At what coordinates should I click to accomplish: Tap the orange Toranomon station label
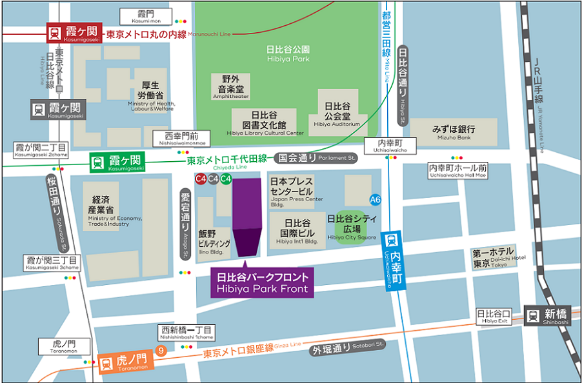pyautogui.click(x=124, y=363)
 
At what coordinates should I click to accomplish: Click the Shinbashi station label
pyautogui.click(x=548, y=316)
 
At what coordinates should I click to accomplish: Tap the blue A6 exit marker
pyautogui.click(x=376, y=200)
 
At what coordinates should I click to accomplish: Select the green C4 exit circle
pyautogui.click(x=226, y=179)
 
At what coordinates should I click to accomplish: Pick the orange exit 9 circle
pyautogui.click(x=161, y=351)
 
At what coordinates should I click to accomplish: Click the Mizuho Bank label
pyautogui.click(x=454, y=132)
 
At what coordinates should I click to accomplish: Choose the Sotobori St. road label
pyautogui.click(x=348, y=349)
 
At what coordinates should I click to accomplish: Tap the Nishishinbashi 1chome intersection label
pyautogui.click(x=186, y=332)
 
